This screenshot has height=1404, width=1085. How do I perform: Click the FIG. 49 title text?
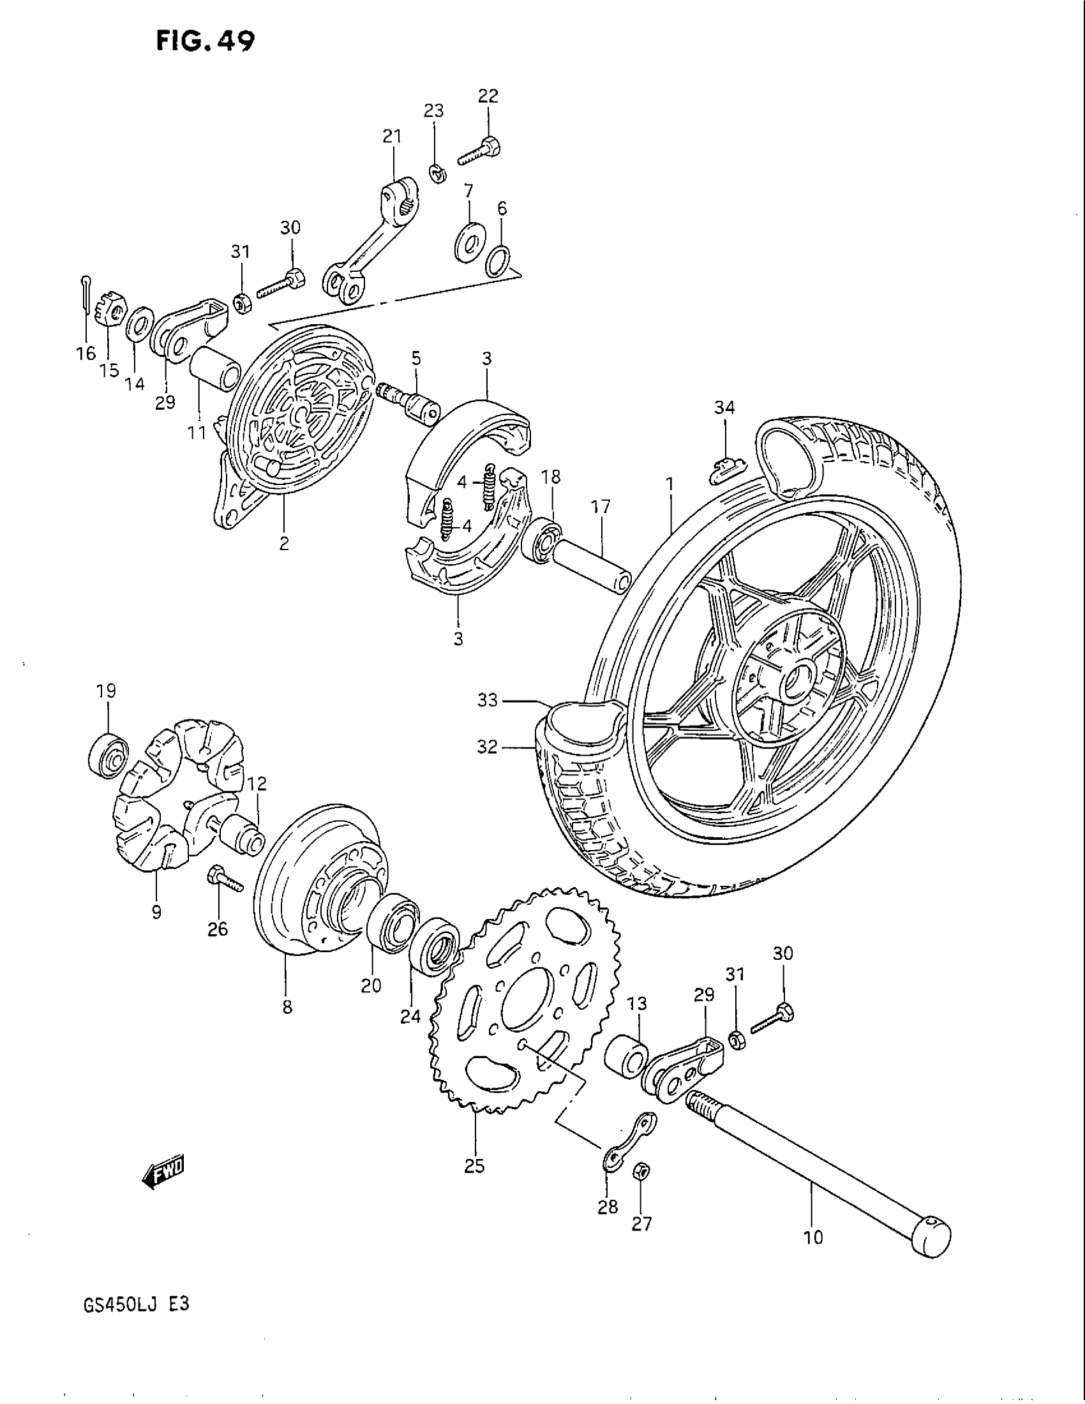tap(205, 40)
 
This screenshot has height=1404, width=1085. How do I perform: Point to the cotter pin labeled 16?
tap(86, 294)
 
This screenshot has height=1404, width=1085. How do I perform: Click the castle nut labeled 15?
tap(113, 311)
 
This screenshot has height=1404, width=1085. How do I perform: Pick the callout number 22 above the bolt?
tap(488, 96)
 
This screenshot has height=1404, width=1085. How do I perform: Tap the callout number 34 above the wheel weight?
tap(724, 407)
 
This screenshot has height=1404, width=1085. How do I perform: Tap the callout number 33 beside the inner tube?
tap(488, 700)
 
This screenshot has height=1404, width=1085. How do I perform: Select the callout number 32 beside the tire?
tap(488, 747)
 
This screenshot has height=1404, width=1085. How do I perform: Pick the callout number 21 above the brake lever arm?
tap(391, 137)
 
